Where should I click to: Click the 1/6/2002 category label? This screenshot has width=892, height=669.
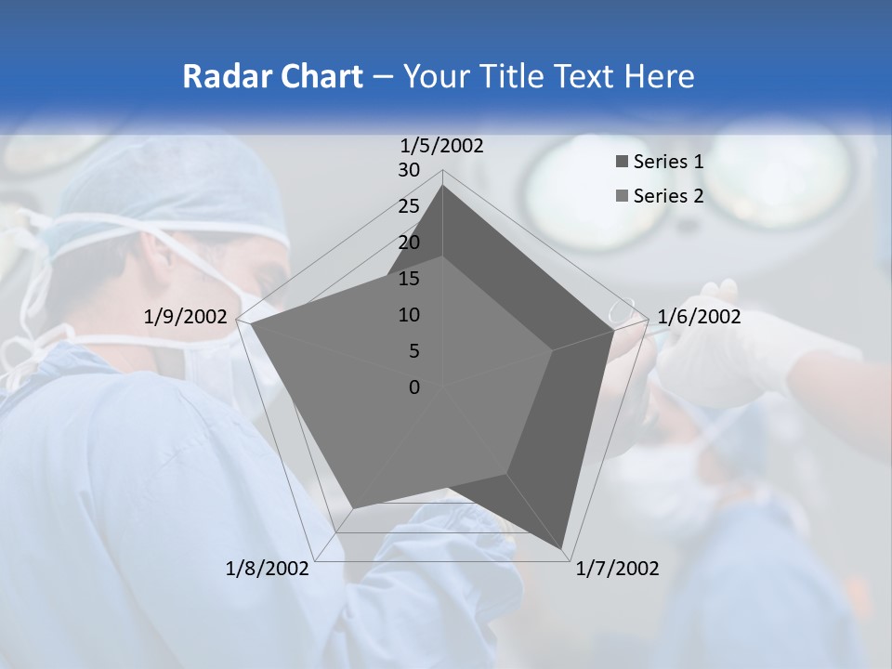[699, 317]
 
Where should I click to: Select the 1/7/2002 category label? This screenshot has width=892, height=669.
[617, 568]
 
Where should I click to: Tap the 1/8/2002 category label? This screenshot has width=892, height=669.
[268, 568]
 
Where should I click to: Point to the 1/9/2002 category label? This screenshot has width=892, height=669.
[185, 317]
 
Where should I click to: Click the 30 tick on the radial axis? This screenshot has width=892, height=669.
[409, 170]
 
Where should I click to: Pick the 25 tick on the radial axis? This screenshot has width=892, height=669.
[409, 206]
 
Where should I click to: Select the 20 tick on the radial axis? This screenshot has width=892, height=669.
[409, 243]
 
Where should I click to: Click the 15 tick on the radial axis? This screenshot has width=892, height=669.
[409, 279]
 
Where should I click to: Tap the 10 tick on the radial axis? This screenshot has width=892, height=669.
[409, 315]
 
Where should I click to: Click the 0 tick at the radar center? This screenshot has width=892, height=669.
[414, 387]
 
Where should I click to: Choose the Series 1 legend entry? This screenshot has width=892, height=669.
[667, 162]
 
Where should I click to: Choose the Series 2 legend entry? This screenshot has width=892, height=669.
[667, 196]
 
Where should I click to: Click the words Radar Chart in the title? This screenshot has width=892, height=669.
[272, 76]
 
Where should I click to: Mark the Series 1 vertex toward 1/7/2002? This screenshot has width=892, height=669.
[563, 549]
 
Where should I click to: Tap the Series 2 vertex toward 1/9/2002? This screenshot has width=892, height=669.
[251, 324]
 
